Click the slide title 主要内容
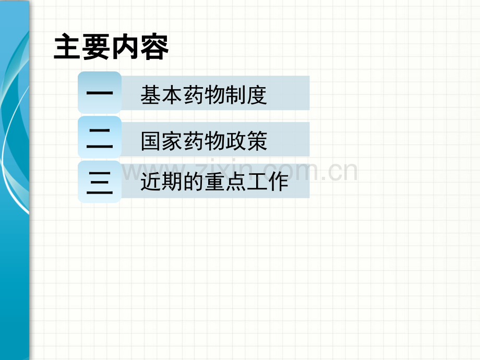pos(111,47)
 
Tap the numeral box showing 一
pos(100,92)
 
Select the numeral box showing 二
pos(100,137)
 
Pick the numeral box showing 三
pos(100,182)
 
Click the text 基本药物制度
pos(203,95)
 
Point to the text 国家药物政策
pos(204,141)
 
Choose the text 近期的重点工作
pos(214,182)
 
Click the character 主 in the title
pos(68,47)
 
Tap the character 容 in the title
pos(154,47)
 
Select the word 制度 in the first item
pos(246,95)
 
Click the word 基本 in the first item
pos(161,95)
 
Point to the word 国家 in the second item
pos(162,141)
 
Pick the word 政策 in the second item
pos(247,141)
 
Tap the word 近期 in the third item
pos(161,182)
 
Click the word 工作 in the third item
pos(268,182)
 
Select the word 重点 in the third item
pos(225,182)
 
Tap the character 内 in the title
pos(126,47)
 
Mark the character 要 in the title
pos(97,47)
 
